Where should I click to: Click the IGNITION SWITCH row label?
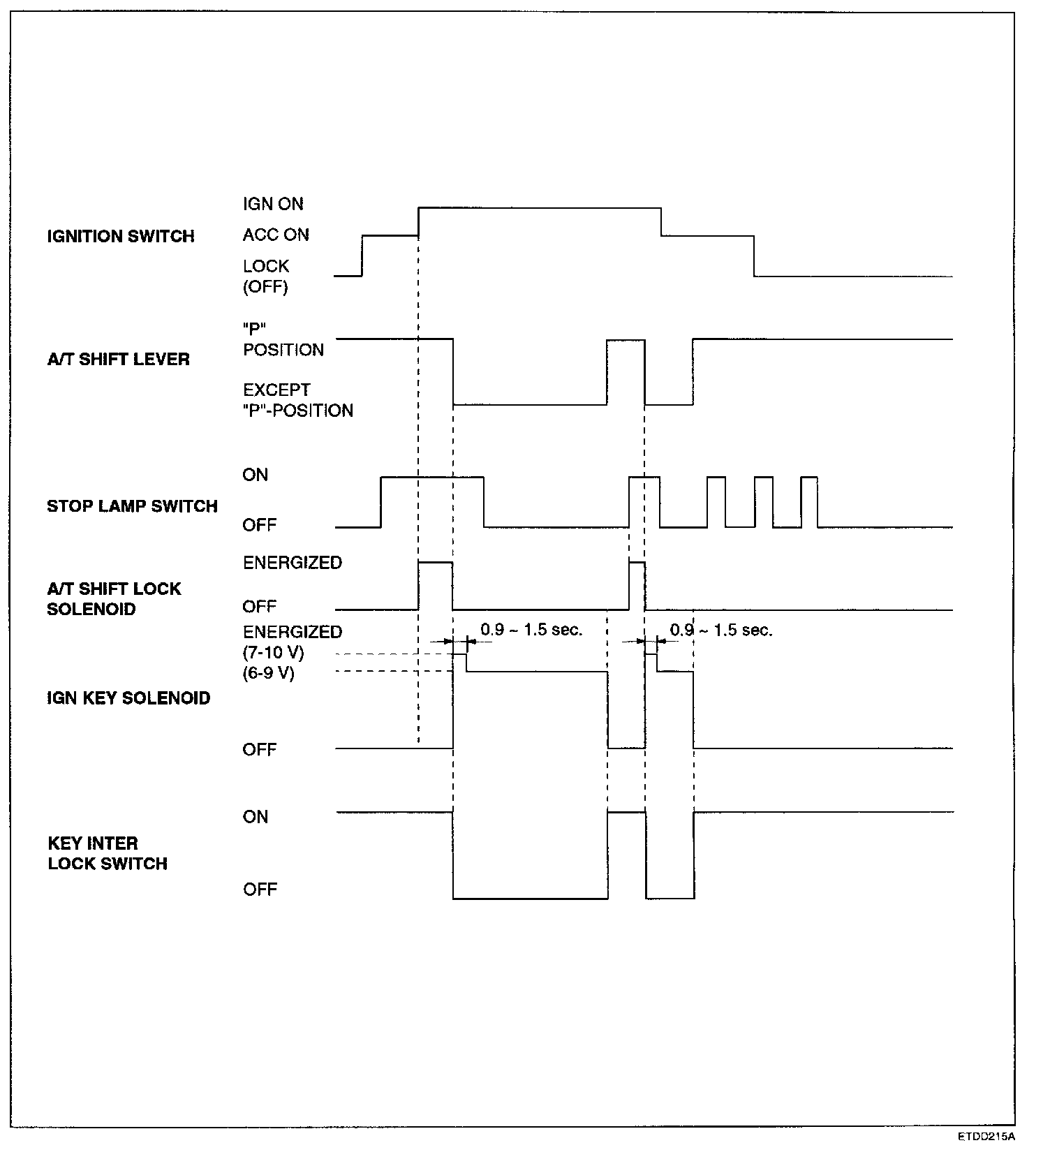pos(121,236)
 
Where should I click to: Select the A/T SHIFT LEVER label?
pos(118,360)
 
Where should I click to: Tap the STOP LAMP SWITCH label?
pos(132,506)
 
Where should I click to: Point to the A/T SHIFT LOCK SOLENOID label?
pos(114,599)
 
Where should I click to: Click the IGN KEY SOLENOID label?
pos(128,698)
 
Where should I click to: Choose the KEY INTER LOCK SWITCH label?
pos(108,853)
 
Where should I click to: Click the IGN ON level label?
pos(273,204)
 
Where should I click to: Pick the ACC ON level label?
pos(276,235)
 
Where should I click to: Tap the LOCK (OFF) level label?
pos(266,276)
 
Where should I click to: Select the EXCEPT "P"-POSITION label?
pos(298,400)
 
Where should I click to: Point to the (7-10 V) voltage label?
pos(274,653)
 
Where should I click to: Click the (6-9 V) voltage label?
pos(269,674)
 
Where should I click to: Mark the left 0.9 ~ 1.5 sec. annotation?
pos(531,630)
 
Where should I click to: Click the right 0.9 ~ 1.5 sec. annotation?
pos(721,630)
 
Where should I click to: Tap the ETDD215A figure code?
pos(986,1156)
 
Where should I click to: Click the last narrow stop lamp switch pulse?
pos(809,502)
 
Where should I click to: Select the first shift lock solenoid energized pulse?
pos(435,585)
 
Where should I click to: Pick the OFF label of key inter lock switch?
pos(260,890)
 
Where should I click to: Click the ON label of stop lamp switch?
pos(256,475)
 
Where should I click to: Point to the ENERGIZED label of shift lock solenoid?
pos(293,563)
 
